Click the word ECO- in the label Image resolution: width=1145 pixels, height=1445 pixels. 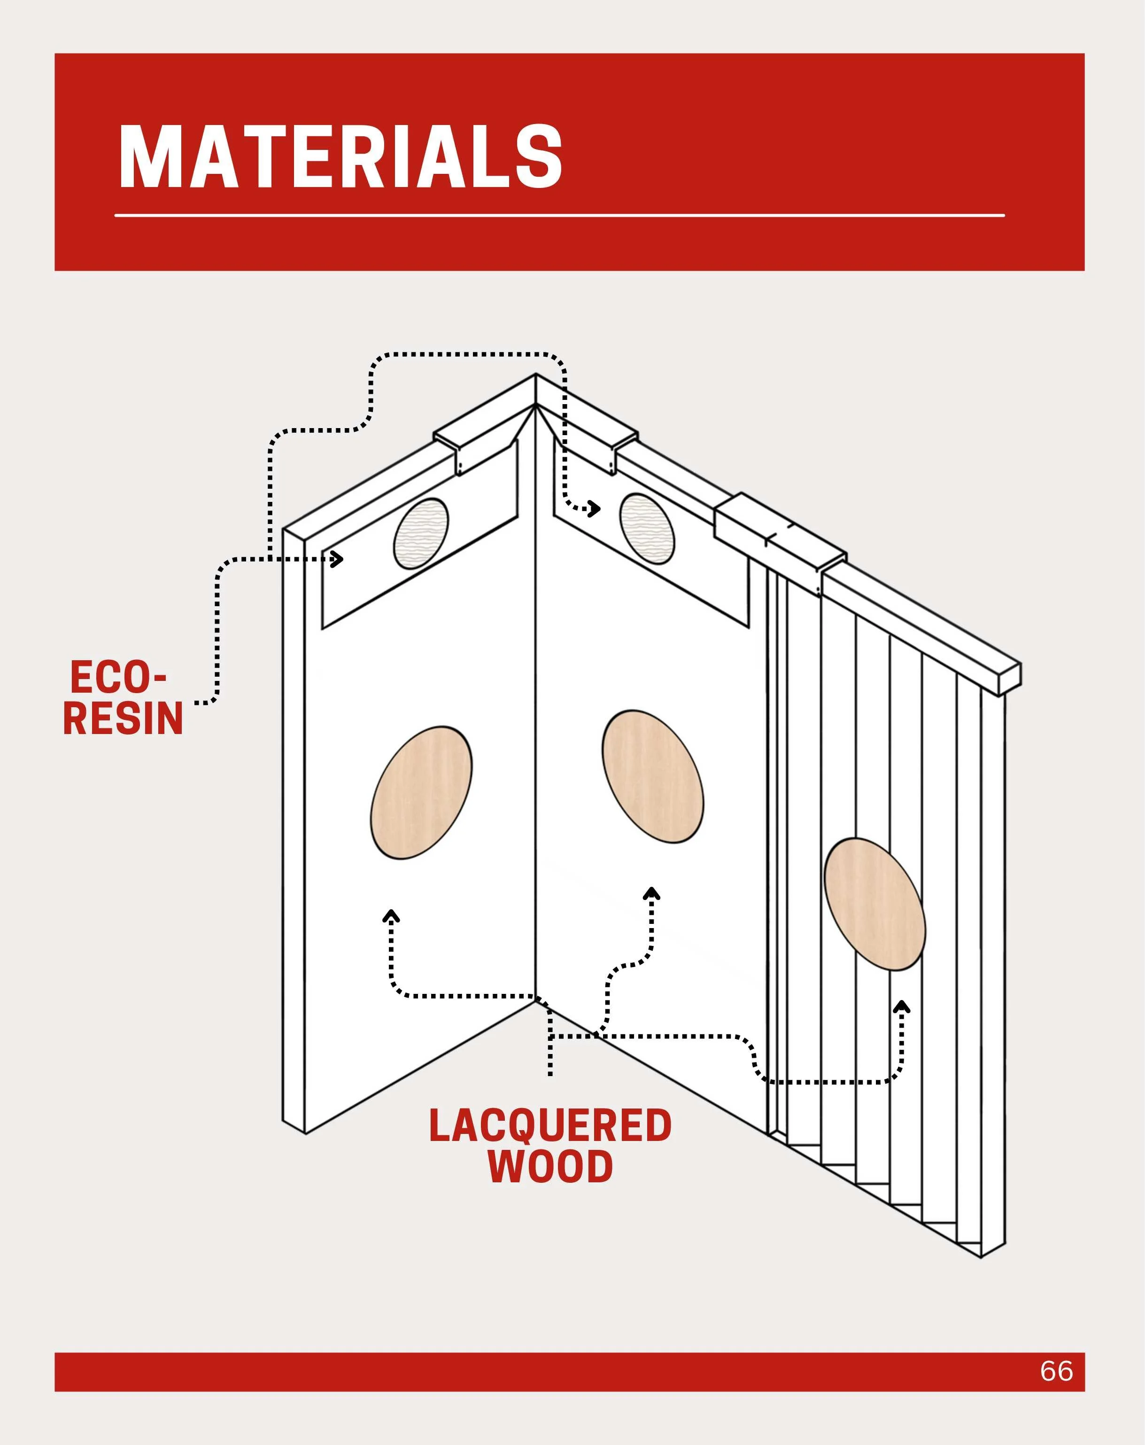point(118,678)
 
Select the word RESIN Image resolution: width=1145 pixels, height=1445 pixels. point(123,718)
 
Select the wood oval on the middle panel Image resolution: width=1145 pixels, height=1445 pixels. point(652,776)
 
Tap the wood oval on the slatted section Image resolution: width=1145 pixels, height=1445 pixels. point(874,904)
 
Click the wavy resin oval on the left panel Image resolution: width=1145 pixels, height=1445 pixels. point(421,533)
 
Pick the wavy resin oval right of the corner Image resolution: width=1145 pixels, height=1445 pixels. point(647,529)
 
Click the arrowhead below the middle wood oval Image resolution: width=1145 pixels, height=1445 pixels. point(651,893)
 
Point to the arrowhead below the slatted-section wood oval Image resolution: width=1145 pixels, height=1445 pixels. point(902,1007)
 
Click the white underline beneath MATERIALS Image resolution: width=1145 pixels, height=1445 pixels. point(559,215)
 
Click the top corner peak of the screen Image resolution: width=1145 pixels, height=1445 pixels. point(535,375)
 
